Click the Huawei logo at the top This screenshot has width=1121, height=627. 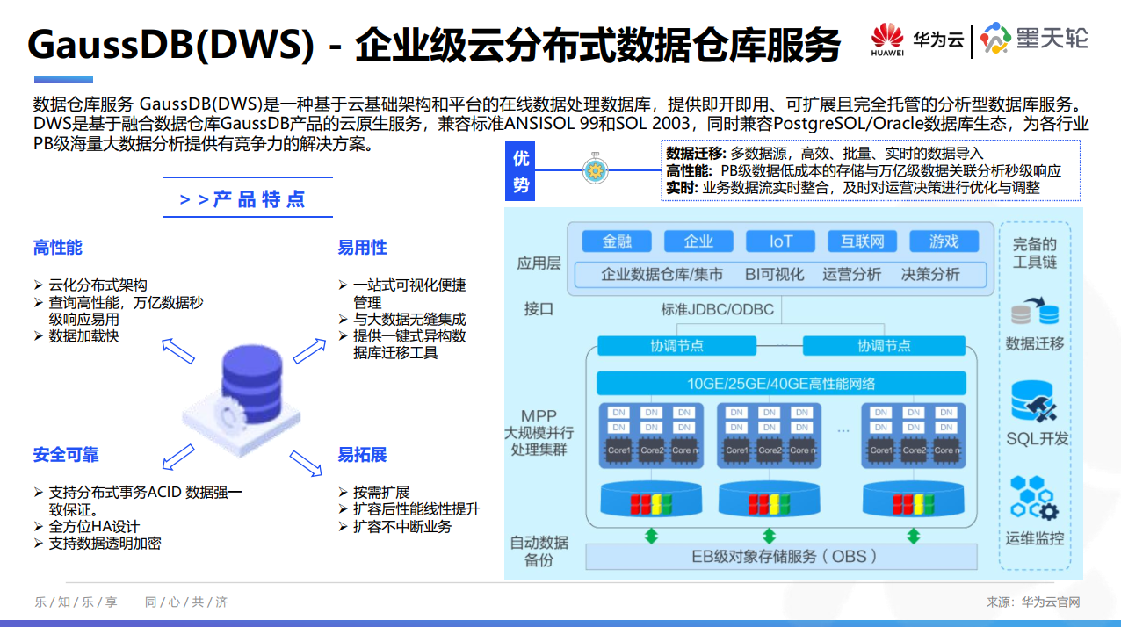(886, 40)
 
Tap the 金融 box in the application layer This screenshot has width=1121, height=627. (616, 241)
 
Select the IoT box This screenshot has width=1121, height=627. (780, 241)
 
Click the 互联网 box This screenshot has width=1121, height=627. (862, 241)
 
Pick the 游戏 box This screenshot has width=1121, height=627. (944, 241)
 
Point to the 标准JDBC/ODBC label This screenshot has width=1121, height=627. (717, 309)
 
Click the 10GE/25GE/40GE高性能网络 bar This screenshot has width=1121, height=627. (780, 383)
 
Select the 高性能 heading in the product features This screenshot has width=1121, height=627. (58, 248)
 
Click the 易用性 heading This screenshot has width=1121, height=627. (362, 248)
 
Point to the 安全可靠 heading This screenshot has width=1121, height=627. (66, 455)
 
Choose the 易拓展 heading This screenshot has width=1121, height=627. (362, 455)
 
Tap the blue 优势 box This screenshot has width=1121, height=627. (521, 172)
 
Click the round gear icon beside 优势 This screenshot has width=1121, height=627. (596, 170)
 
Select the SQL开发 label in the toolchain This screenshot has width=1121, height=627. (1037, 438)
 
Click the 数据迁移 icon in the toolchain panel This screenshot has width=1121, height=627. (1035, 312)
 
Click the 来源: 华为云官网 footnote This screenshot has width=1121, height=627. (1032, 602)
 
